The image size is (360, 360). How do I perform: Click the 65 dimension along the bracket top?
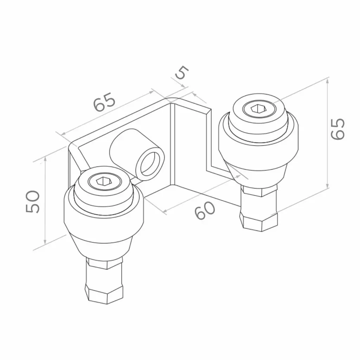point(104,102)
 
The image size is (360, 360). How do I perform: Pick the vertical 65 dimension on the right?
point(338,129)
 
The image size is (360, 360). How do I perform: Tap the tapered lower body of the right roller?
point(258,172)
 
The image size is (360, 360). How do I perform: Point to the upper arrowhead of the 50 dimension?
point(45,159)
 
